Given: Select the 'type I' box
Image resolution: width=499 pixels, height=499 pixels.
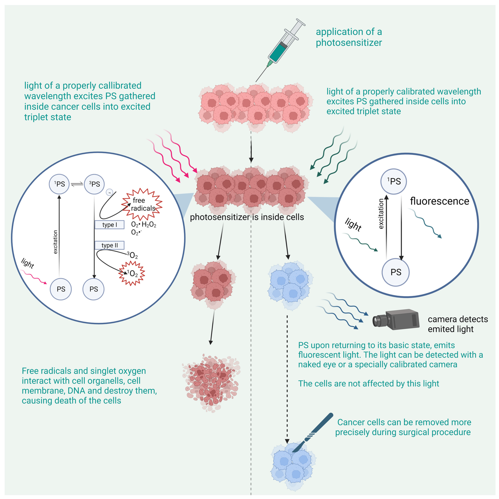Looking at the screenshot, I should (x=109, y=225).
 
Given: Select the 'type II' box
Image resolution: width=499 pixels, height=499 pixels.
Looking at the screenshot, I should (x=109, y=245).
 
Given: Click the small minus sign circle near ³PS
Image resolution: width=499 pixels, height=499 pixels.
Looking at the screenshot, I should (x=109, y=192).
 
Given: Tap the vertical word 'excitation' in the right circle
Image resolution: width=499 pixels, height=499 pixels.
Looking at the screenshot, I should (x=381, y=214).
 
